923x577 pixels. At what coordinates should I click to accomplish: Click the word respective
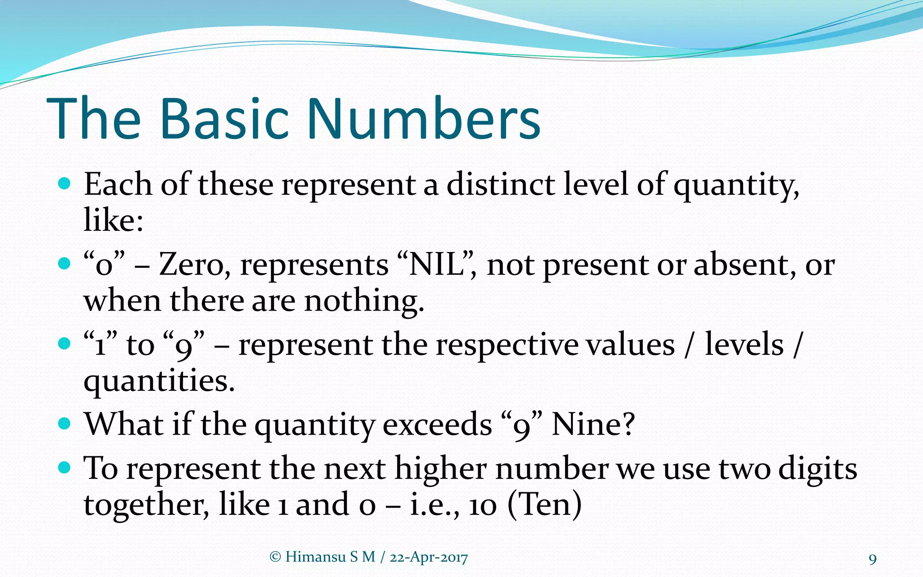pyautogui.click(x=507, y=345)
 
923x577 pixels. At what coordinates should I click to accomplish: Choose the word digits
pyautogui.click(x=818, y=469)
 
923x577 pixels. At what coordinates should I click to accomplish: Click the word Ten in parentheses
pyautogui.click(x=544, y=505)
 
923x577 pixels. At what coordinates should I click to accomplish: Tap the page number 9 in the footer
pyautogui.click(x=873, y=559)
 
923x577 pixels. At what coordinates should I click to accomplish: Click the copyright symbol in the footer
pyautogui.click(x=275, y=557)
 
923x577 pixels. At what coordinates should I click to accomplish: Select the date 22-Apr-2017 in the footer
pyautogui.click(x=429, y=558)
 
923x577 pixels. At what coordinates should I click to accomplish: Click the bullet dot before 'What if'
pyautogui.click(x=65, y=424)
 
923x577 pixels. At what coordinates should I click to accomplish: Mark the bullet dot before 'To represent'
pyautogui.click(x=65, y=467)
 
